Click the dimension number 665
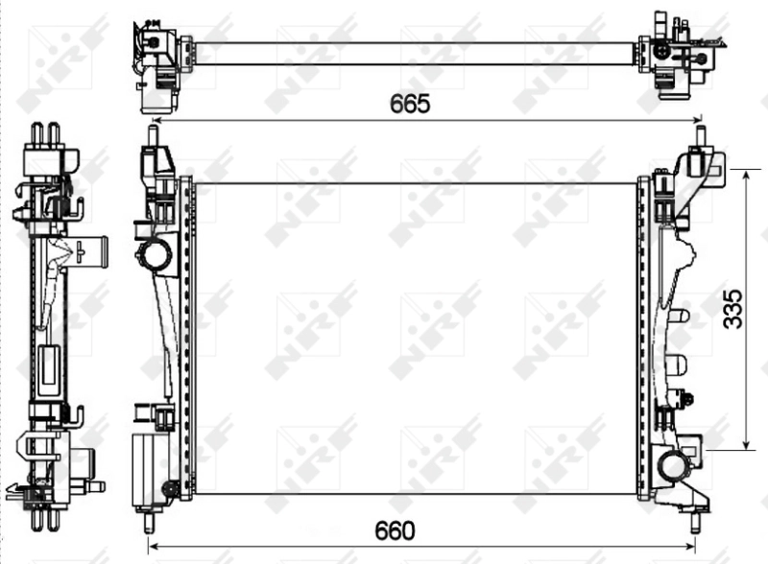pos(409,105)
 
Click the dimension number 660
pos(396,530)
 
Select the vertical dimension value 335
pos(732,308)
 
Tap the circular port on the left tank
pos(155,256)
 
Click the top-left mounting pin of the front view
pos(152,135)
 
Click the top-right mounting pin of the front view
pos(699,135)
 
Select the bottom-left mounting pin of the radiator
pos(149,522)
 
